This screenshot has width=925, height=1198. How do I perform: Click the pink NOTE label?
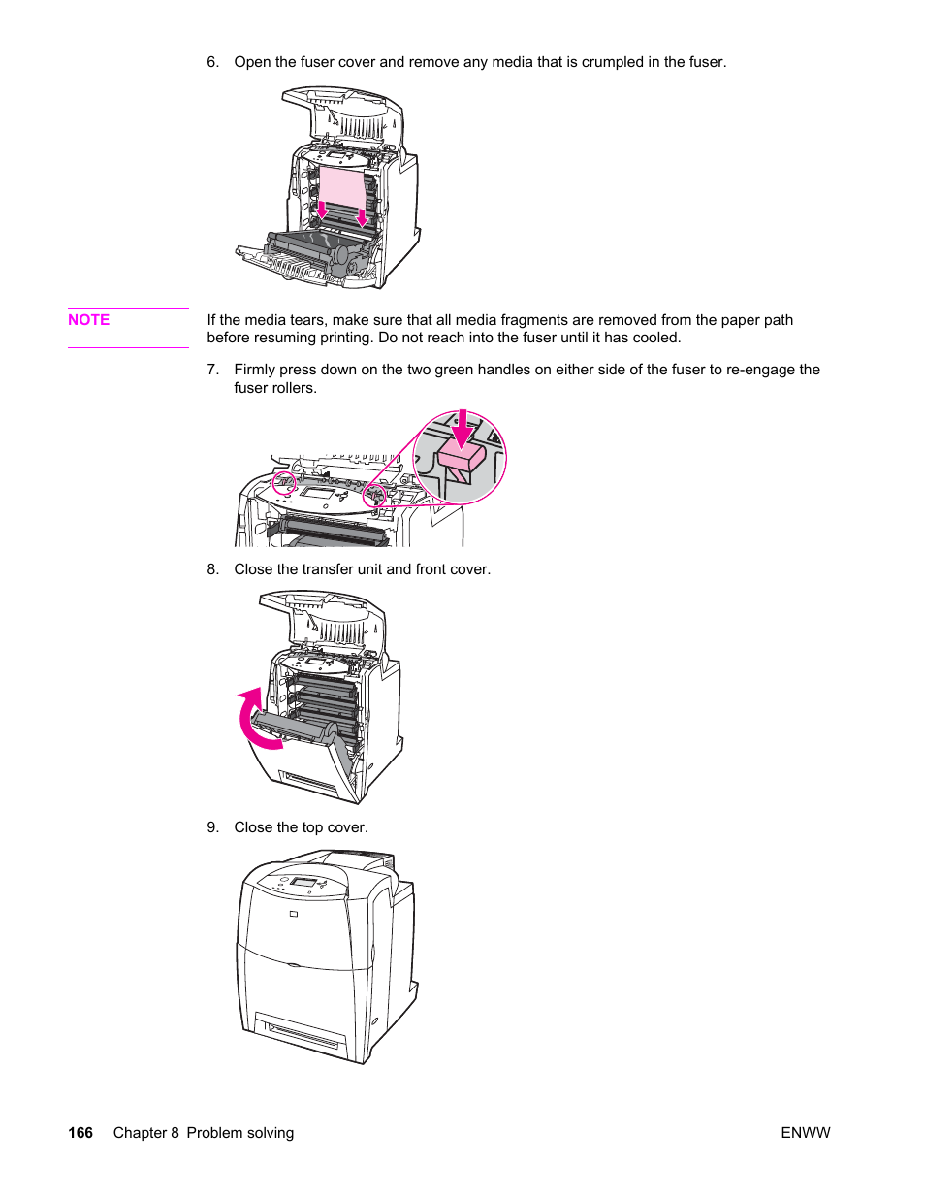tap(88, 320)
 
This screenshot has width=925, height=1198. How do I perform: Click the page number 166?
tap(80, 1133)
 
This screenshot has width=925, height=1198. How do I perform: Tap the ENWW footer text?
tap(805, 1133)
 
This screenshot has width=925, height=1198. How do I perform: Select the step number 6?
tap(212, 62)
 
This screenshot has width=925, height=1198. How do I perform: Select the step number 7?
tap(212, 370)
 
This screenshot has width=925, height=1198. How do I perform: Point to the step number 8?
tap(212, 569)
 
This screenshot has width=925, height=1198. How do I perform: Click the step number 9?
tap(212, 827)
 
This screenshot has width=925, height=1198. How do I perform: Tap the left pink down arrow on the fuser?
tap(322, 209)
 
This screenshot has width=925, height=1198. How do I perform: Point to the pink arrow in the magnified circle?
tap(462, 426)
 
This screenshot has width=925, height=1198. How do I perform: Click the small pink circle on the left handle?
tap(284, 483)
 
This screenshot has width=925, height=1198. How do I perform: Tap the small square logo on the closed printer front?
tap(293, 914)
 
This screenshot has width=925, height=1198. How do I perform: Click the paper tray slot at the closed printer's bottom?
tap(303, 1034)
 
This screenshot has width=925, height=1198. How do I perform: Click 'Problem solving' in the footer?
tap(239, 1133)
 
